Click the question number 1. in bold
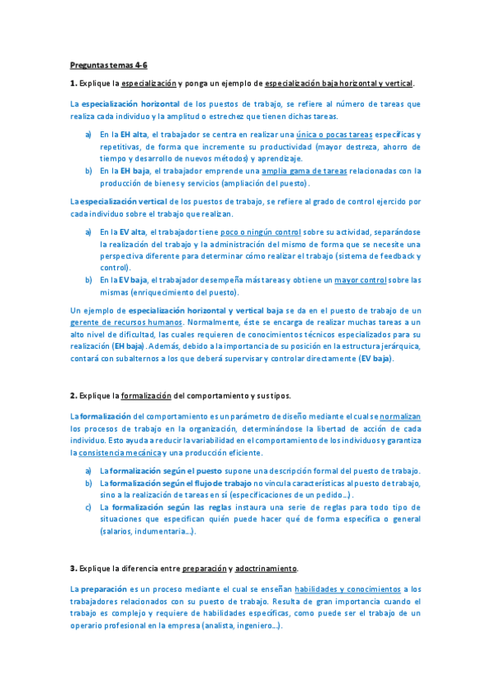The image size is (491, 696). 73,84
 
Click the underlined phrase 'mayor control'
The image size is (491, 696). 361,280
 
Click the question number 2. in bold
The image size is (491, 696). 73,395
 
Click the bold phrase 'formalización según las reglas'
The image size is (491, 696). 170,507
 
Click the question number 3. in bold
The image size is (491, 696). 73,568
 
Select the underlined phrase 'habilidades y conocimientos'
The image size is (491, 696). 348,588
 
